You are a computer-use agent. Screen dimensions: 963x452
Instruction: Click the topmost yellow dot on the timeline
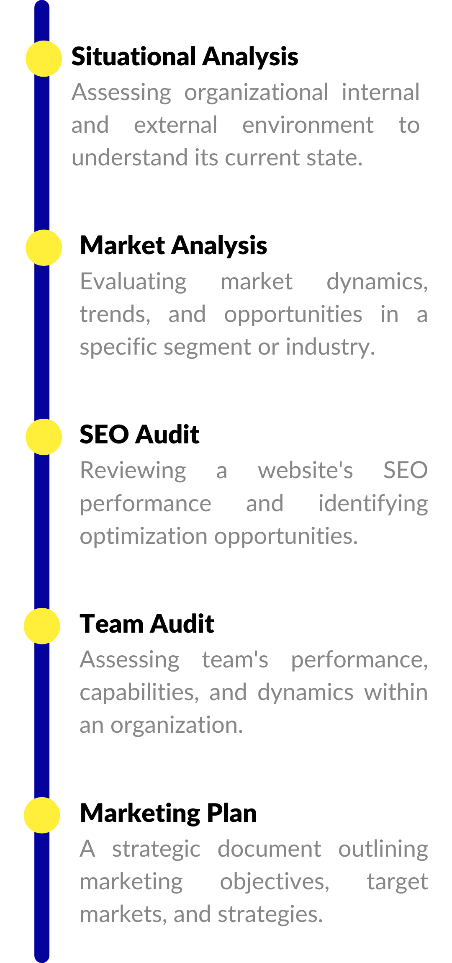[x=44, y=59]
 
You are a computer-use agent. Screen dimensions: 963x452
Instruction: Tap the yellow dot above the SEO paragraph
[x=44, y=437]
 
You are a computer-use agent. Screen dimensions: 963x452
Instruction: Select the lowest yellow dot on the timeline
[x=42, y=815]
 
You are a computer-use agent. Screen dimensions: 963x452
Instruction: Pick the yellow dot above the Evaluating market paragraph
[x=44, y=248]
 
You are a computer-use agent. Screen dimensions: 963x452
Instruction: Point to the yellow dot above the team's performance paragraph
[x=42, y=626]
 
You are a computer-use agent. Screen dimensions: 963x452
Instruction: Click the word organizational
[x=256, y=93]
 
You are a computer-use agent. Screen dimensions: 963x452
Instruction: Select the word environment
[x=308, y=125]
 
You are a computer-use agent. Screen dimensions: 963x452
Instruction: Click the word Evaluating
[x=133, y=282]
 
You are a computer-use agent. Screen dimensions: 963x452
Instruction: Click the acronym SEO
[x=405, y=470]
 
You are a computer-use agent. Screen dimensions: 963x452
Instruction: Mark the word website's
[x=305, y=470]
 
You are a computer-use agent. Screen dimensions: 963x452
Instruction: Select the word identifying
[x=373, y=504]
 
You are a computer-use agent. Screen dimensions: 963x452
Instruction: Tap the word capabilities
[x=139, y=693]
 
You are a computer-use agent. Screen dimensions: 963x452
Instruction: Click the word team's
[x=235, y=660]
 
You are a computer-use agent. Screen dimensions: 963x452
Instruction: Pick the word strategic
[x=156, y=850]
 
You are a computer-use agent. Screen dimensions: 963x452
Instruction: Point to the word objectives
[x=275, y=882]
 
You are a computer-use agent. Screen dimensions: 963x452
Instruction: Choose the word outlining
[x=383, y=850]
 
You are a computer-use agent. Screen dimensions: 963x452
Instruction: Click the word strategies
[x=270, y=915]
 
